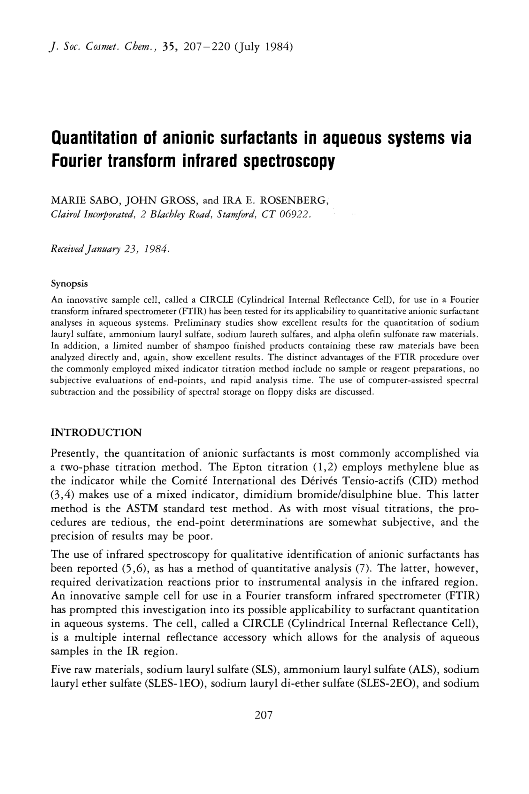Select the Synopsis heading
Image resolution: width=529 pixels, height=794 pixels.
coord(69,284)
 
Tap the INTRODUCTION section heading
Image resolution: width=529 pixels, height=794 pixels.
coord(96,433)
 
